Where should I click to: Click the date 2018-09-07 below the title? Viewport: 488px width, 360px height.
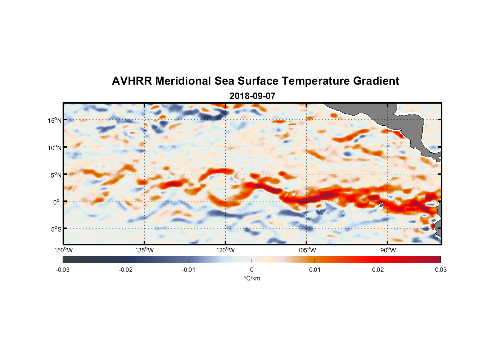coord(252,96)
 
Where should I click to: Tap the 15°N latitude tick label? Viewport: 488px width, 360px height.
coord(55,120)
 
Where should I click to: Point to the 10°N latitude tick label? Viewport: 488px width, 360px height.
coord(55,148)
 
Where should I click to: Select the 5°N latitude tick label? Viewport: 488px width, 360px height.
coord(56,175)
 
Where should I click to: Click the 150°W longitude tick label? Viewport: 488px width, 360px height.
coord(63,250)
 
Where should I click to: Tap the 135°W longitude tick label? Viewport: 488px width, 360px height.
coord(144,250)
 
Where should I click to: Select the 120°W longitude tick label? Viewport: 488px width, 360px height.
coord(225,250)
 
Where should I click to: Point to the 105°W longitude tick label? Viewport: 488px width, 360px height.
coord(307,250)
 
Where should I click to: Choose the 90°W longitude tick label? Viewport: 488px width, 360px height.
coord(388,250)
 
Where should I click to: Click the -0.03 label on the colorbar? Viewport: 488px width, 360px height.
coord(63,270)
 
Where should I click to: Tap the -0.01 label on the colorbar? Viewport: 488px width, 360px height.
coord(189,270)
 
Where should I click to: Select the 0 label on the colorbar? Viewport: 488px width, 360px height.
coord(252,270)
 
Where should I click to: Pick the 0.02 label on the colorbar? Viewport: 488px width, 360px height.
coord(378,270)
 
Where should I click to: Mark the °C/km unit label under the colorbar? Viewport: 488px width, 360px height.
coord(252,279)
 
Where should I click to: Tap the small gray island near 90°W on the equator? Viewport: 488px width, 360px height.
coord(381,204)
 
